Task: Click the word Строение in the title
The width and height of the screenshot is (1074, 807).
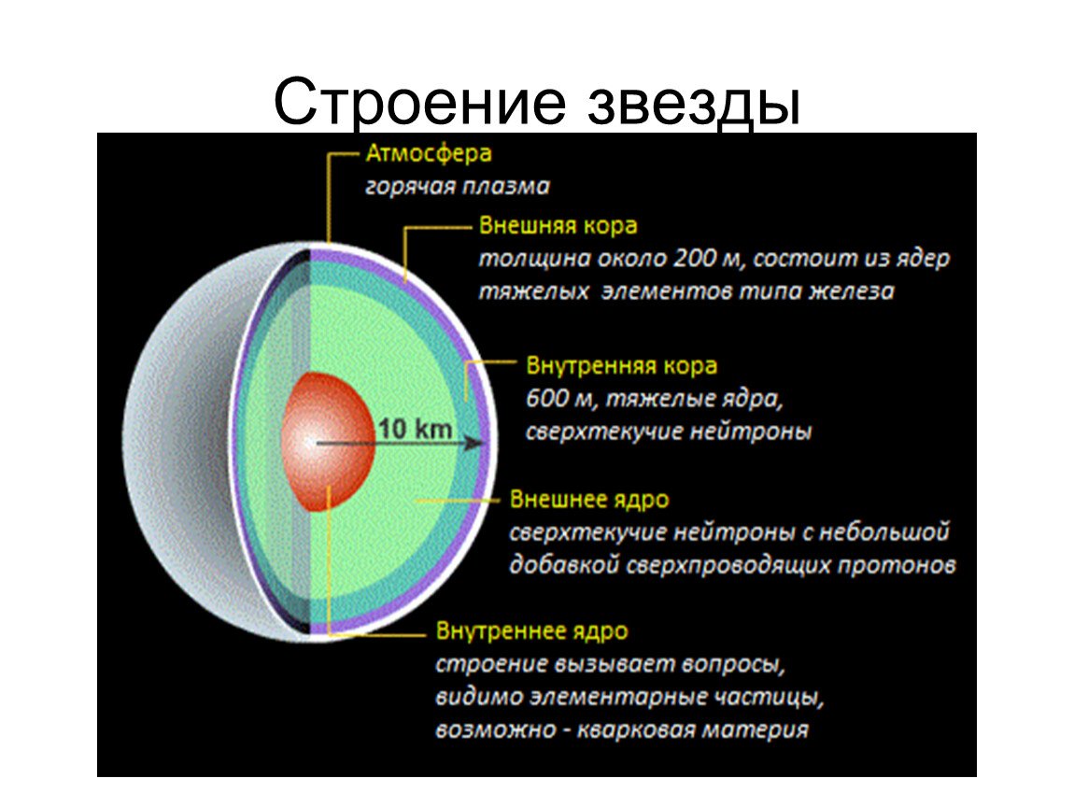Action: coord(420,103)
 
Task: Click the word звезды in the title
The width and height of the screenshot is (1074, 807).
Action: coord(694,104)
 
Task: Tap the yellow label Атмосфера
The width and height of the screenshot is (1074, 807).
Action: coord(428,153)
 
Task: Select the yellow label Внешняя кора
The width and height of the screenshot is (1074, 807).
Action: coord(558,225)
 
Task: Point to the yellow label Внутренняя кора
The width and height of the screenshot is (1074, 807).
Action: coord(621,365)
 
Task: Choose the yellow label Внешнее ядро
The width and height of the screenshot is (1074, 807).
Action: coord(589,500)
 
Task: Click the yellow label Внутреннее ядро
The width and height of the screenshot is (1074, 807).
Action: coord(531,630)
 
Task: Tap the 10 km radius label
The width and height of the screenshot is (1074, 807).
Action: coord(415,429)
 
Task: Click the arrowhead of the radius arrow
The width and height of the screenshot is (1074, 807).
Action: coord(474,444)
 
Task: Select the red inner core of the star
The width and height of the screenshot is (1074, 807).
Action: coord(329,442)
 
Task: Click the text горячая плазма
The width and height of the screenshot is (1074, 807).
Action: coord(457,186)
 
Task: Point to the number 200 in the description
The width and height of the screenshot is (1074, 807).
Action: coord(695,259)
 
